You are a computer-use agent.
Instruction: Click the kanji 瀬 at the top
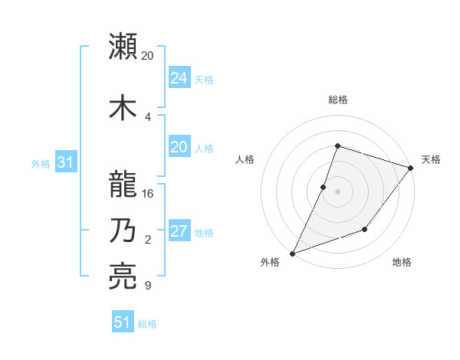click(123, 47)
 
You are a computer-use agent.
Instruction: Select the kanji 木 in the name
click(123, 107)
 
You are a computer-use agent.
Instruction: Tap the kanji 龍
click(123, 185)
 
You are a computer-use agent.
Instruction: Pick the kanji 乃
click(123, 231)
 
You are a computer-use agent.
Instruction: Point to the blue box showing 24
click(179, 77)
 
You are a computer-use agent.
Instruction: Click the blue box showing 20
click(179, 147)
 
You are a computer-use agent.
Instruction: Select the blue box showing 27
click(179, 231)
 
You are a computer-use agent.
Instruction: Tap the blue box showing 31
click(65, 162)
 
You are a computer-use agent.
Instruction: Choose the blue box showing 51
click(122, 322)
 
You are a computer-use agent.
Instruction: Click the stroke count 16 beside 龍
click(149, 194)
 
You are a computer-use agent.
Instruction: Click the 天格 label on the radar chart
click(431, 159)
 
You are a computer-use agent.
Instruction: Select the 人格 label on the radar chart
click(245, 159)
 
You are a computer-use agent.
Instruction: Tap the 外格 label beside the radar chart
click(270, 263)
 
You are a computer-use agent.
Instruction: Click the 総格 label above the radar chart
click(337, 100)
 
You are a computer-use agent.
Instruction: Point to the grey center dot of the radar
click(337, 191)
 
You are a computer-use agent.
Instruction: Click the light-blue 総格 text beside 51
click(147, 324)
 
